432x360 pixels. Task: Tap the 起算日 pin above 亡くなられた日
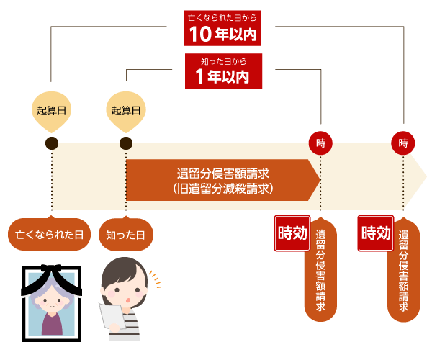coord(51,111)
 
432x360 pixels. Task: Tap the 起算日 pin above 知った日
coord(126,111)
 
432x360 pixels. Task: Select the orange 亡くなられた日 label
coord(50,235)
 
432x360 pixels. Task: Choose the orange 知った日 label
coord(125,235)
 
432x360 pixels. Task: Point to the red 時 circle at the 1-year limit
coord(320,143)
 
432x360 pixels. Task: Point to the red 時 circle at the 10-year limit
coord(403,143)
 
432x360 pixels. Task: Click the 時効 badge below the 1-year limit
coord(292,233)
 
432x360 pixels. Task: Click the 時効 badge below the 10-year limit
coord(375,233)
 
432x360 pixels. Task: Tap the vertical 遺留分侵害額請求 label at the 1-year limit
coord(320,270)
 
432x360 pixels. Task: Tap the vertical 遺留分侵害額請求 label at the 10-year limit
coord(403,270)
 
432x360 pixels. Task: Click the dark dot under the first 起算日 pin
coord(51,143)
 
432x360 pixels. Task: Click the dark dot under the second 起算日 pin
coord(126,143)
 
